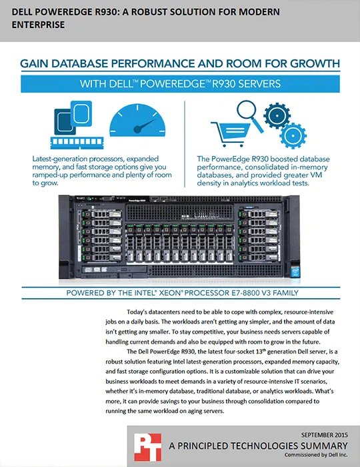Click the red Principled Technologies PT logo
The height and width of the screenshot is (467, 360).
(x=147, y=447)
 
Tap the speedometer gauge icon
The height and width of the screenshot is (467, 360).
(x=137, y=120)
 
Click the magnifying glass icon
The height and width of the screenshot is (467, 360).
(x=249, y=115)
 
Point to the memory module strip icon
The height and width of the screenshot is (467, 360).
(x=77, y=143)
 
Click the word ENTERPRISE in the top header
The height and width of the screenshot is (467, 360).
(x=38, y=25)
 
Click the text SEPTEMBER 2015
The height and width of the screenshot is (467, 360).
(x=324, y=435)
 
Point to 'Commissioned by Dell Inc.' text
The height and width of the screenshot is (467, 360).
(x=316, y=455)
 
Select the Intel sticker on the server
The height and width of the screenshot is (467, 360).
(x=295, y=272)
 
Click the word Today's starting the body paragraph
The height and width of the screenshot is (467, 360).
(x=137, y=312)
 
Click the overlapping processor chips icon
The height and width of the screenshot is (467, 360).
(x=73, y=117)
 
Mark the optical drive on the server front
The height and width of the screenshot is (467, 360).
(x=114, y=270)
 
